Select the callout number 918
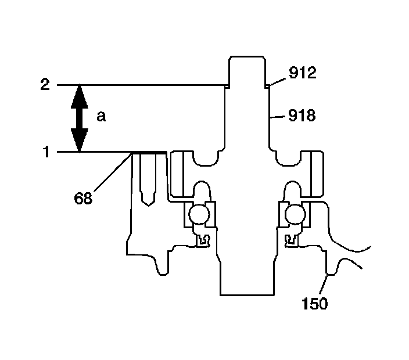point(302,116)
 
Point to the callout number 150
point(315,303)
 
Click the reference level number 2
point(45,85)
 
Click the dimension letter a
point(101,117)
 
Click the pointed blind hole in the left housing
point(148,186)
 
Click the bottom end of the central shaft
point(247,294)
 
